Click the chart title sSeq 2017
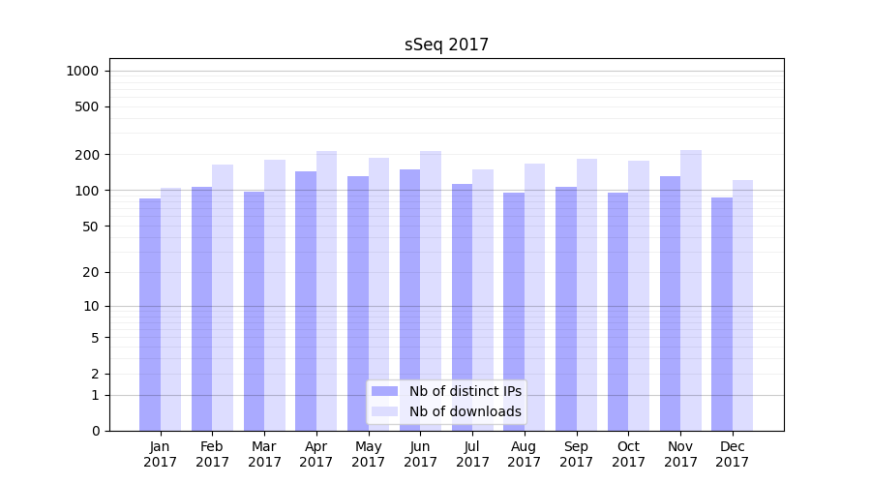[446, 45]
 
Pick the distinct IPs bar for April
[306, 301]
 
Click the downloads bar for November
[691, 290]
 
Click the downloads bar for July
[483, 300]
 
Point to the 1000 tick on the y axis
[82, 71]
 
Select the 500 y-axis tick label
[87, 106]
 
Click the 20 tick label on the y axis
[91, 272]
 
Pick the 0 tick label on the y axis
[95, 431]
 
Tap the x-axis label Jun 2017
[420, 454]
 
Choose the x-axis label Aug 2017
[525, 454]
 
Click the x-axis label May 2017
[368, 454]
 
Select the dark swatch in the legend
[385, 391]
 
